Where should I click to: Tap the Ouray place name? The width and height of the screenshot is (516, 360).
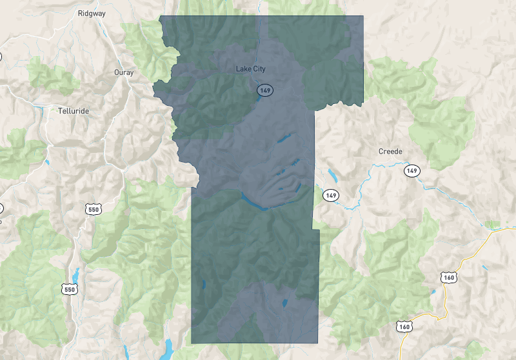click(123, 72)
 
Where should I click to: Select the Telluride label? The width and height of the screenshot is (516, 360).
click(73, 110)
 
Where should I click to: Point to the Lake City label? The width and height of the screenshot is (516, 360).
click(251, 69)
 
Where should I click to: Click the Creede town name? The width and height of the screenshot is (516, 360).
click(390, 152)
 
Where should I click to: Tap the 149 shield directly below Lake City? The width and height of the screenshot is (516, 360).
click(264, 90)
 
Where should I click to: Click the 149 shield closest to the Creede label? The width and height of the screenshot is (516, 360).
click(413, 171)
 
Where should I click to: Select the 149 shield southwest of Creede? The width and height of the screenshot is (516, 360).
click(331, 195)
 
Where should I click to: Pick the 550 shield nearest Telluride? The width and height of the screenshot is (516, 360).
click(93, 209)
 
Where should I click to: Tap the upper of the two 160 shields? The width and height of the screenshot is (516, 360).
click(448, 277)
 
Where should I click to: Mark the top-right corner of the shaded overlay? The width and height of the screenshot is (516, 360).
click(363, 16)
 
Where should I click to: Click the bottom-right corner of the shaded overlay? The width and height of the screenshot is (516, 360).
click(318, 343)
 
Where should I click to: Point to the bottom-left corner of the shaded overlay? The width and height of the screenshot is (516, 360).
click(192, 343)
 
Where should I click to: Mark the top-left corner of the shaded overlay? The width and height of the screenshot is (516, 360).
click(160, 16)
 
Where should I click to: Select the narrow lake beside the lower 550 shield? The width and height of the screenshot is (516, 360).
click(76, 274)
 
